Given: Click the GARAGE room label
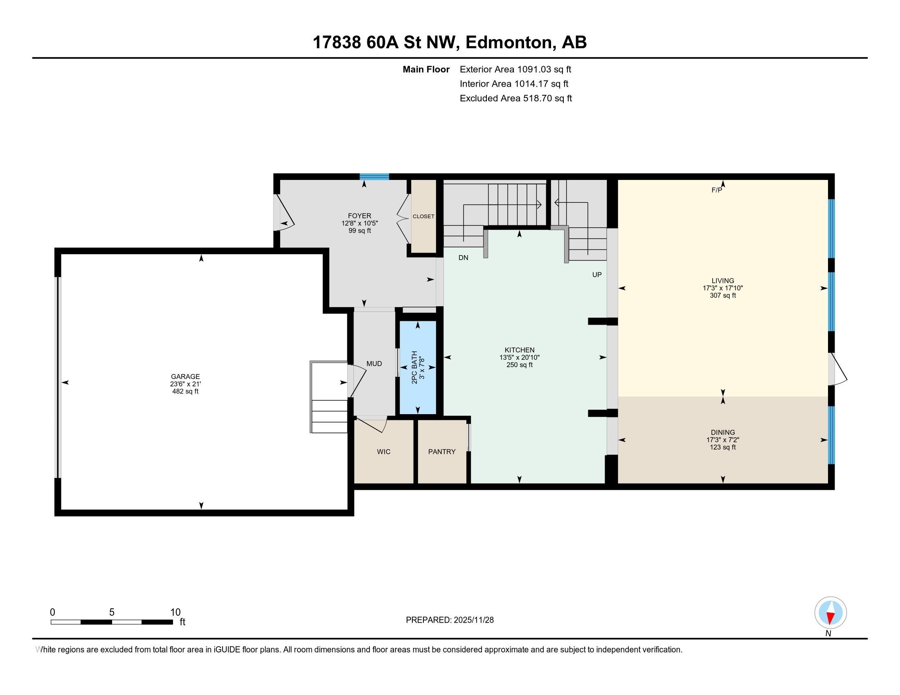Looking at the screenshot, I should (x=185, y=376).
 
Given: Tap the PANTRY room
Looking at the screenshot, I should (x=441, y=452).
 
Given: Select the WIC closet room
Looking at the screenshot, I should (x=383, y=452).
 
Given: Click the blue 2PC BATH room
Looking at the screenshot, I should (x=418, y=367).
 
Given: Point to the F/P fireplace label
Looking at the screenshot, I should (x=716, y=190).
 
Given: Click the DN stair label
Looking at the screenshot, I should (x=463, y=258).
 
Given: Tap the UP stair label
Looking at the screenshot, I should (x=597, y=275).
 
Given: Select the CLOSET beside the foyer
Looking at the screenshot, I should (x=424, y=216).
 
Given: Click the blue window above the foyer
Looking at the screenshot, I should (x=374, y=177).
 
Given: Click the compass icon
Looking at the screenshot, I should (x=830, y=612).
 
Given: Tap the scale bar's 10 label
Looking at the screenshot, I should (x=175, y=612).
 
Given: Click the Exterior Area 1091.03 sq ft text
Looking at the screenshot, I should (x=515, y=69).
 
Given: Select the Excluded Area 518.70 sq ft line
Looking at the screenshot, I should (x=515, y=98).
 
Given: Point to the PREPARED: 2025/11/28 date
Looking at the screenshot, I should (x=450, y=620).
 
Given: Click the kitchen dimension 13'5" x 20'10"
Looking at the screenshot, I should (x=519, y=358).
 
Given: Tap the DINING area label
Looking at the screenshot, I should (x=722, y=432).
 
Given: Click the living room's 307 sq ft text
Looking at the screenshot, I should (x=722, y=296).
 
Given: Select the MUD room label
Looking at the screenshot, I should (x=374, y=363).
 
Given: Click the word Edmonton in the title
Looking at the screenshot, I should (x=509, y=43).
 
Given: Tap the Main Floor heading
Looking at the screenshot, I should (x=426, y=69).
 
